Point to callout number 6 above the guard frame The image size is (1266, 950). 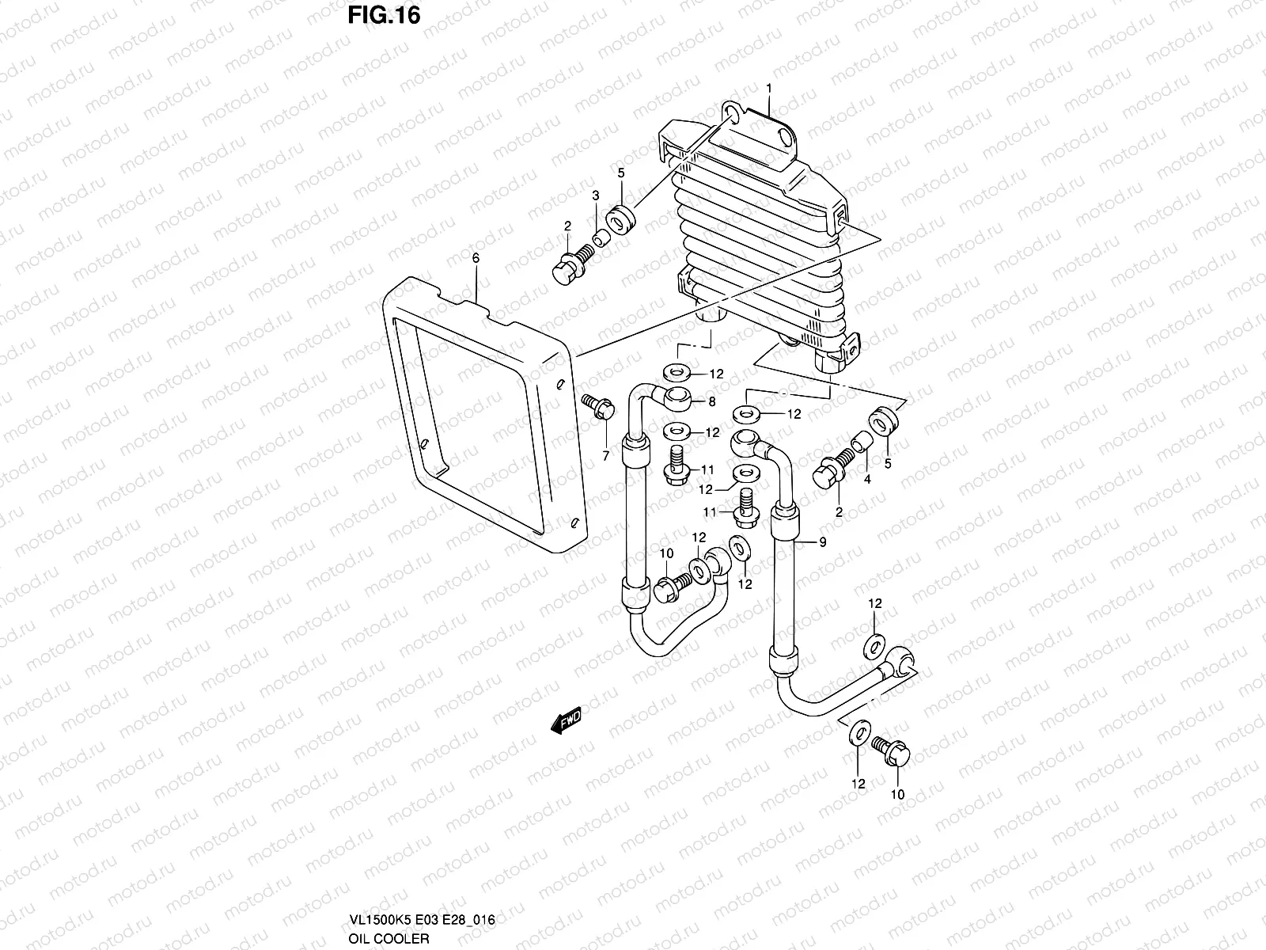(x=476, y=259)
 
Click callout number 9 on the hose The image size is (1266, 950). (x=822, y=542)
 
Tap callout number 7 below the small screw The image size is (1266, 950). (x=606, y=456)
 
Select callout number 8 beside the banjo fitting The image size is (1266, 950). (x=711, y=402)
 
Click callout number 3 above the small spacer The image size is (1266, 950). (x=595, y=196)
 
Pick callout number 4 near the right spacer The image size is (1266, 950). (x=867, y=480)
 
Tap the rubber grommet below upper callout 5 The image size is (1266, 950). (x=620, y=216)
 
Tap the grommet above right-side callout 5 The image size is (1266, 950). (x=882, y=420)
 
